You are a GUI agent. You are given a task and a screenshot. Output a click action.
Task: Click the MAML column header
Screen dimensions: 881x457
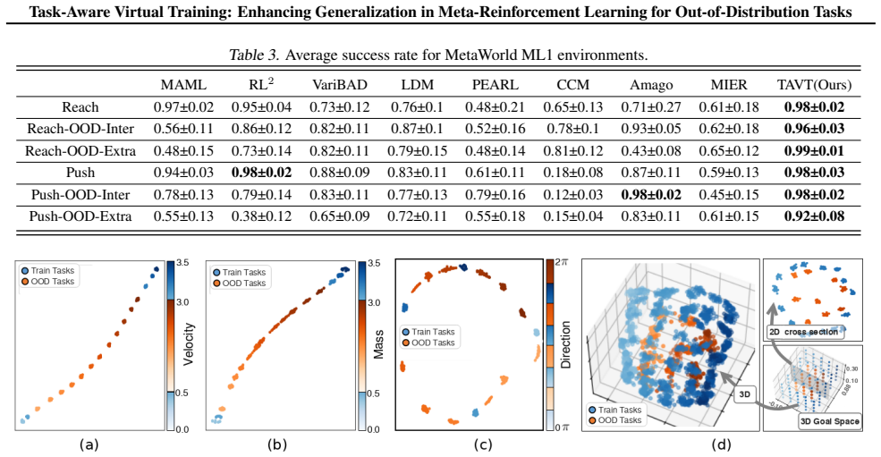[183, 85]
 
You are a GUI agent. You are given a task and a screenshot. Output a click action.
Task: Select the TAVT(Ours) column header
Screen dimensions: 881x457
[814, 85]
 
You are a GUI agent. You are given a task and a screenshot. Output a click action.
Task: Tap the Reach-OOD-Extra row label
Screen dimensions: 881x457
[80, 150]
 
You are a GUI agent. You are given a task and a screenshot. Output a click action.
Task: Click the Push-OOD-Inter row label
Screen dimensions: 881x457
[80, 194]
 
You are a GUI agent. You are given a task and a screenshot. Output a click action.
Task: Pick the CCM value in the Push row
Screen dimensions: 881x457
[572, 173]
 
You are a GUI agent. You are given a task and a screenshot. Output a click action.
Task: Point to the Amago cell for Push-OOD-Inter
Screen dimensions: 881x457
[650, 194]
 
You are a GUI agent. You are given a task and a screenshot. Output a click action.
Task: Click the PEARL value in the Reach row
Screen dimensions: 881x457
[495, 106]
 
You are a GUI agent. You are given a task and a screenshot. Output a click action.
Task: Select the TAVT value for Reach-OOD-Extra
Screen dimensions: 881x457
[814, 150]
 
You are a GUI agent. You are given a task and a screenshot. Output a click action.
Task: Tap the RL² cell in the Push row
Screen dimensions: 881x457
[261, 173]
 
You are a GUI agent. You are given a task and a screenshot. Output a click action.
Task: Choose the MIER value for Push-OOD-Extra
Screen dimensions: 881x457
[729, 216]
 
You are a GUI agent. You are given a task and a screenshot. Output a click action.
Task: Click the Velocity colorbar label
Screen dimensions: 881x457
[188, 344]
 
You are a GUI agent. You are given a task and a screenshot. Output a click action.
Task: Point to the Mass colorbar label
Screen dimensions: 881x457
[378, 344]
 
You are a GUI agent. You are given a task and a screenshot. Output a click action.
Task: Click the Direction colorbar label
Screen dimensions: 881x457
[566, 344]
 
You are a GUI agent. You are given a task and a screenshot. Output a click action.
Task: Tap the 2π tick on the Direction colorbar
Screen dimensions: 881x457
[561, 262]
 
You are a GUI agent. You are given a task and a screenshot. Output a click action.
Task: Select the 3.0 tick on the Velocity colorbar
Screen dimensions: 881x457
[182, 302]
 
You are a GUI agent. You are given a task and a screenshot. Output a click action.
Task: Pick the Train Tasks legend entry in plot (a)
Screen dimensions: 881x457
[47, 271]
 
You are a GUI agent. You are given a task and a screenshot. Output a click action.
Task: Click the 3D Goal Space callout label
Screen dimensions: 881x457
[829, 421]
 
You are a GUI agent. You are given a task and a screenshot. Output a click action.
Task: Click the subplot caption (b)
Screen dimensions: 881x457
[277, 444]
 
